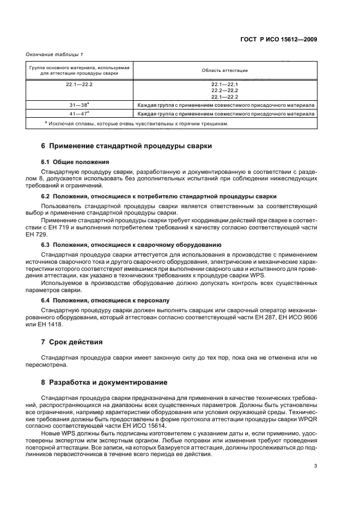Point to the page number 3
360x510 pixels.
[315, 465]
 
